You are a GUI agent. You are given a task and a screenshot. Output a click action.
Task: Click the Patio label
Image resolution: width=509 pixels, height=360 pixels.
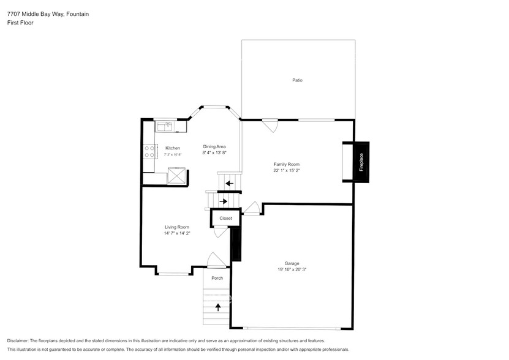tap(297, 80)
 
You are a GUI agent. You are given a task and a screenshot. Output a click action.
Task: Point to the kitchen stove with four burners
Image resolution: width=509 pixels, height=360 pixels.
tap(149, 151)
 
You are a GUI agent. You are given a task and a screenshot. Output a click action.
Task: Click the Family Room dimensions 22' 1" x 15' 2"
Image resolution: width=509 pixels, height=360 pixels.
tap(287, 171)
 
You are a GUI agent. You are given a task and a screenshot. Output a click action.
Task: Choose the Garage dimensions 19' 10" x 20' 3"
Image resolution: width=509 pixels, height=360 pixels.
tap(292, 269)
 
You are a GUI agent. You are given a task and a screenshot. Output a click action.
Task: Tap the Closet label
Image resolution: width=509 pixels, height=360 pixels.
tap(225, 218)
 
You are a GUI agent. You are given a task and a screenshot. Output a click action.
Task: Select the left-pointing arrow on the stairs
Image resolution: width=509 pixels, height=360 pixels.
tap(229, 183)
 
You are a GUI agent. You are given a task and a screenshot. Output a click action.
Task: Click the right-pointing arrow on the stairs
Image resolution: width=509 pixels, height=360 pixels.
tap(223, 201)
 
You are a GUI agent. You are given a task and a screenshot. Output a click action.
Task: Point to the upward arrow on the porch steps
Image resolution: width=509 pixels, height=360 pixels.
tap(218, 306)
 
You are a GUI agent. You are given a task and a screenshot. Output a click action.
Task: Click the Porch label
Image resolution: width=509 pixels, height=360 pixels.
tap(217, 278)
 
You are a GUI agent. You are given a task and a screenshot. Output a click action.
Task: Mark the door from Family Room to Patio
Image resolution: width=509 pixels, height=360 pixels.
tap(270, 124)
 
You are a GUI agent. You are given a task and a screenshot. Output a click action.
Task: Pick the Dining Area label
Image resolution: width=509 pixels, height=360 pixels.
tap(214, 146)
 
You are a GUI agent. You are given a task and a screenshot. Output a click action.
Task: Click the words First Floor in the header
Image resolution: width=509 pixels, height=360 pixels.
tap(20, 23)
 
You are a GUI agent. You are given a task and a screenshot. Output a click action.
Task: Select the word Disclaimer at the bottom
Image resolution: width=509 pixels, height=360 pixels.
tap(18, 340)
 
